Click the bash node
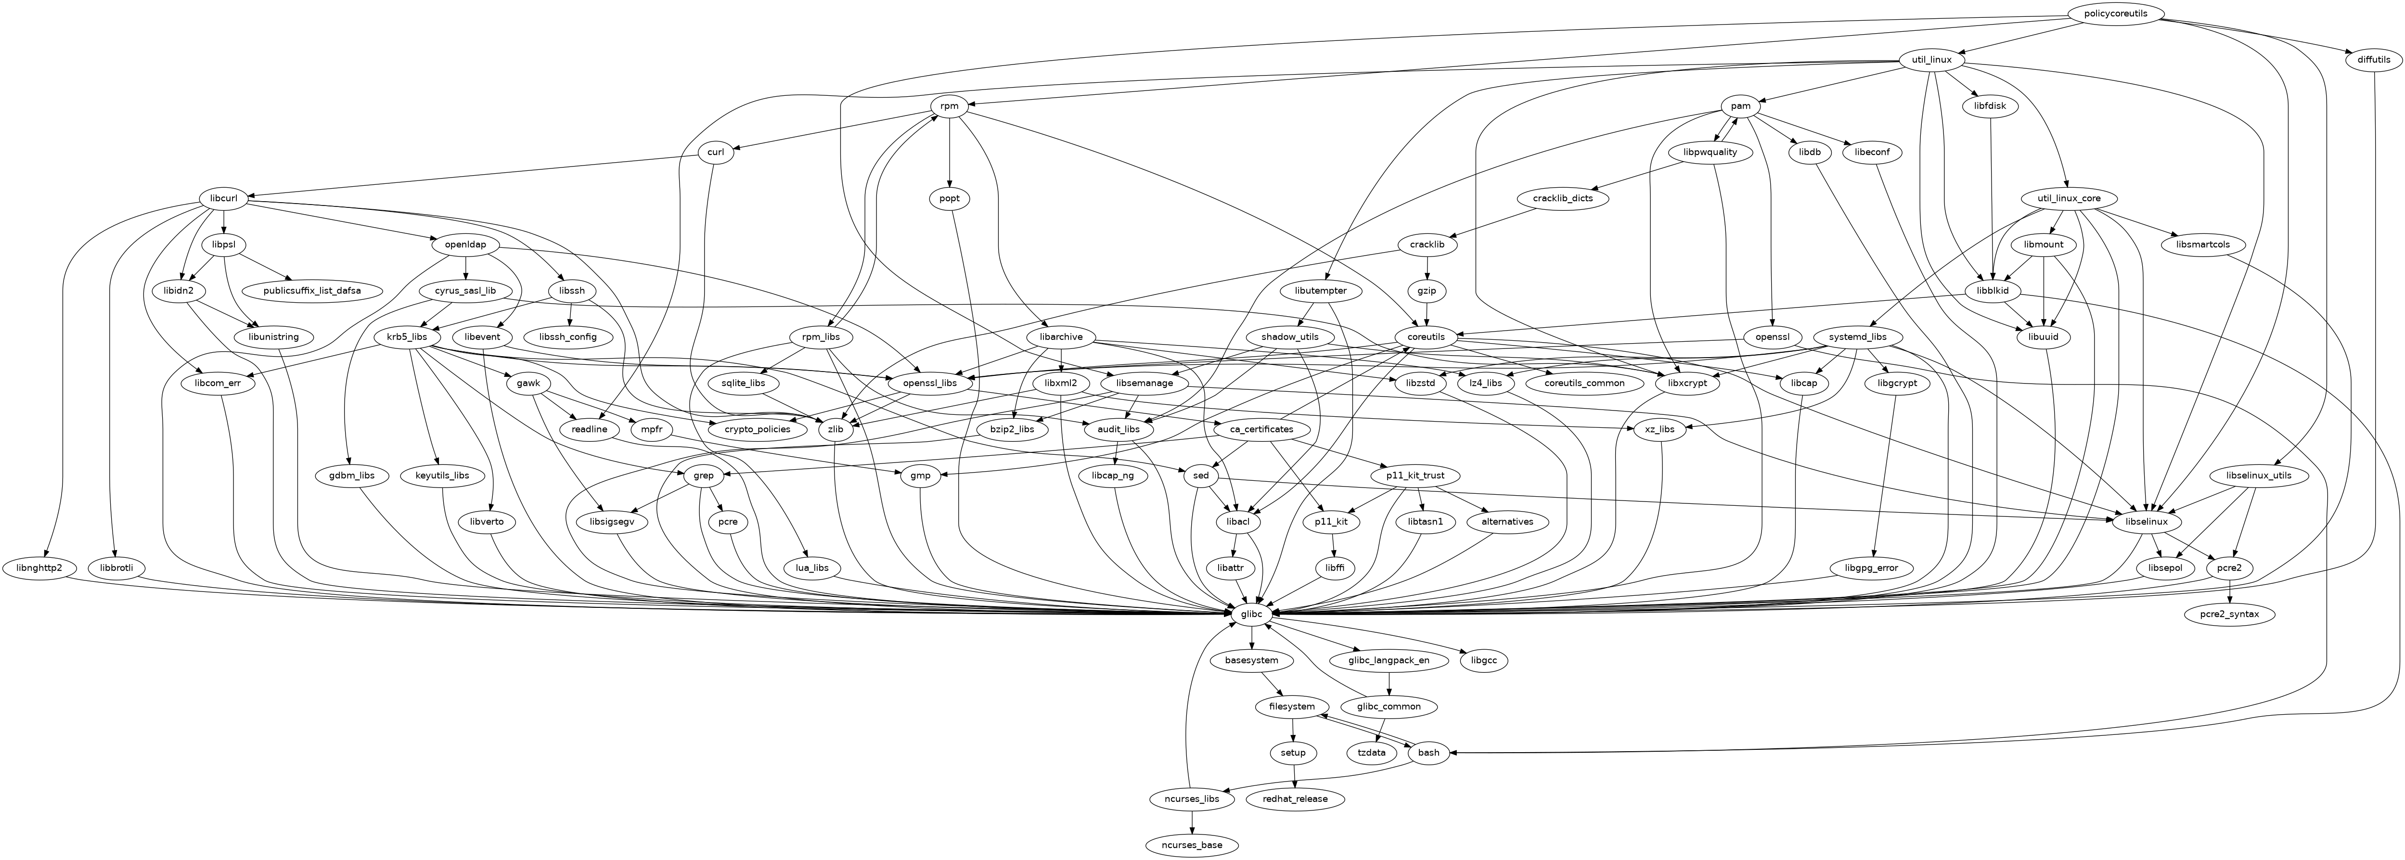pos(1428,753)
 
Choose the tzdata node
pos(1371,753)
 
